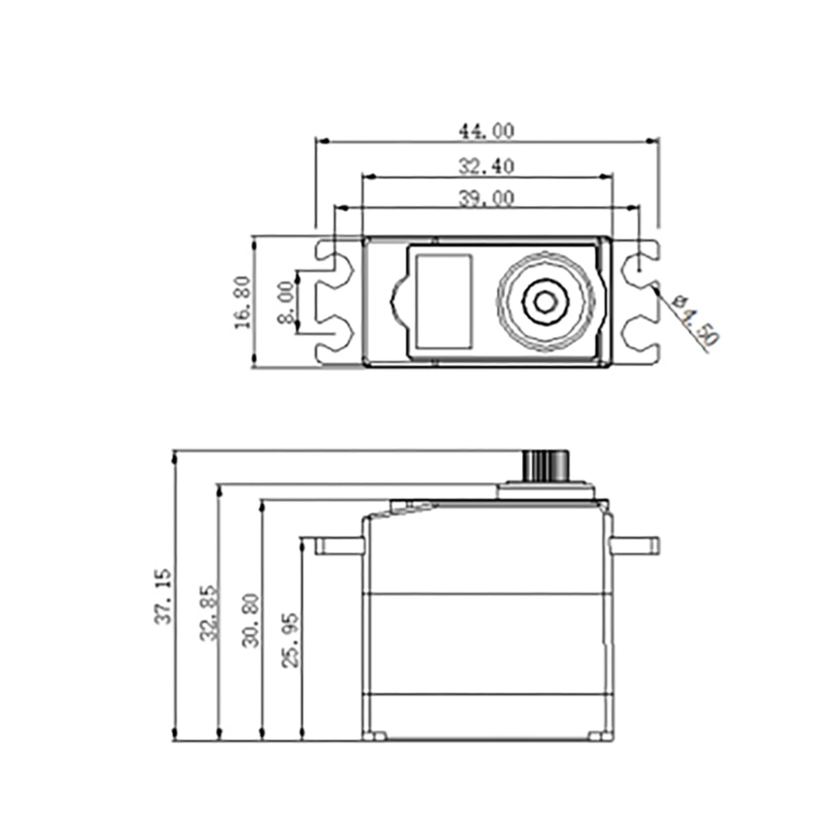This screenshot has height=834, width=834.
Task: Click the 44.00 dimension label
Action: tap(486, 131)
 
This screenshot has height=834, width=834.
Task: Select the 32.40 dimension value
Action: tap(486, 166)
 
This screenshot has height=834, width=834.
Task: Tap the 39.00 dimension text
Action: tap(486, 199)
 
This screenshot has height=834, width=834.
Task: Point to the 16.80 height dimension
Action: tap(242, 302)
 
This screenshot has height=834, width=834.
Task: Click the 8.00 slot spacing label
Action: tap(286, 302)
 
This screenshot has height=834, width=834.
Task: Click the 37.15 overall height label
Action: tap(163, 596)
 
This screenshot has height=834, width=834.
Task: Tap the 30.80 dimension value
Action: tap(250, 620)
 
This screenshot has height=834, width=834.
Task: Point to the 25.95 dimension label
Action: tap(291, 640)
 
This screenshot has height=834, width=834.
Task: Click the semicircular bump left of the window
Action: tap(398, 302)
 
